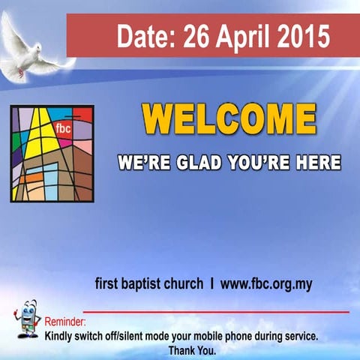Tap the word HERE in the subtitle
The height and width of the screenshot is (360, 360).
(315, 162)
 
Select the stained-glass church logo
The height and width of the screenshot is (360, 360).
(52, 154)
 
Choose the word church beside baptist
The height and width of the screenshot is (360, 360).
(186, 284)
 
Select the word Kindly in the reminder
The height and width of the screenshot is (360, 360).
(60, 337)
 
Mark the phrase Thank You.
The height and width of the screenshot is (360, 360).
(192, 350)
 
